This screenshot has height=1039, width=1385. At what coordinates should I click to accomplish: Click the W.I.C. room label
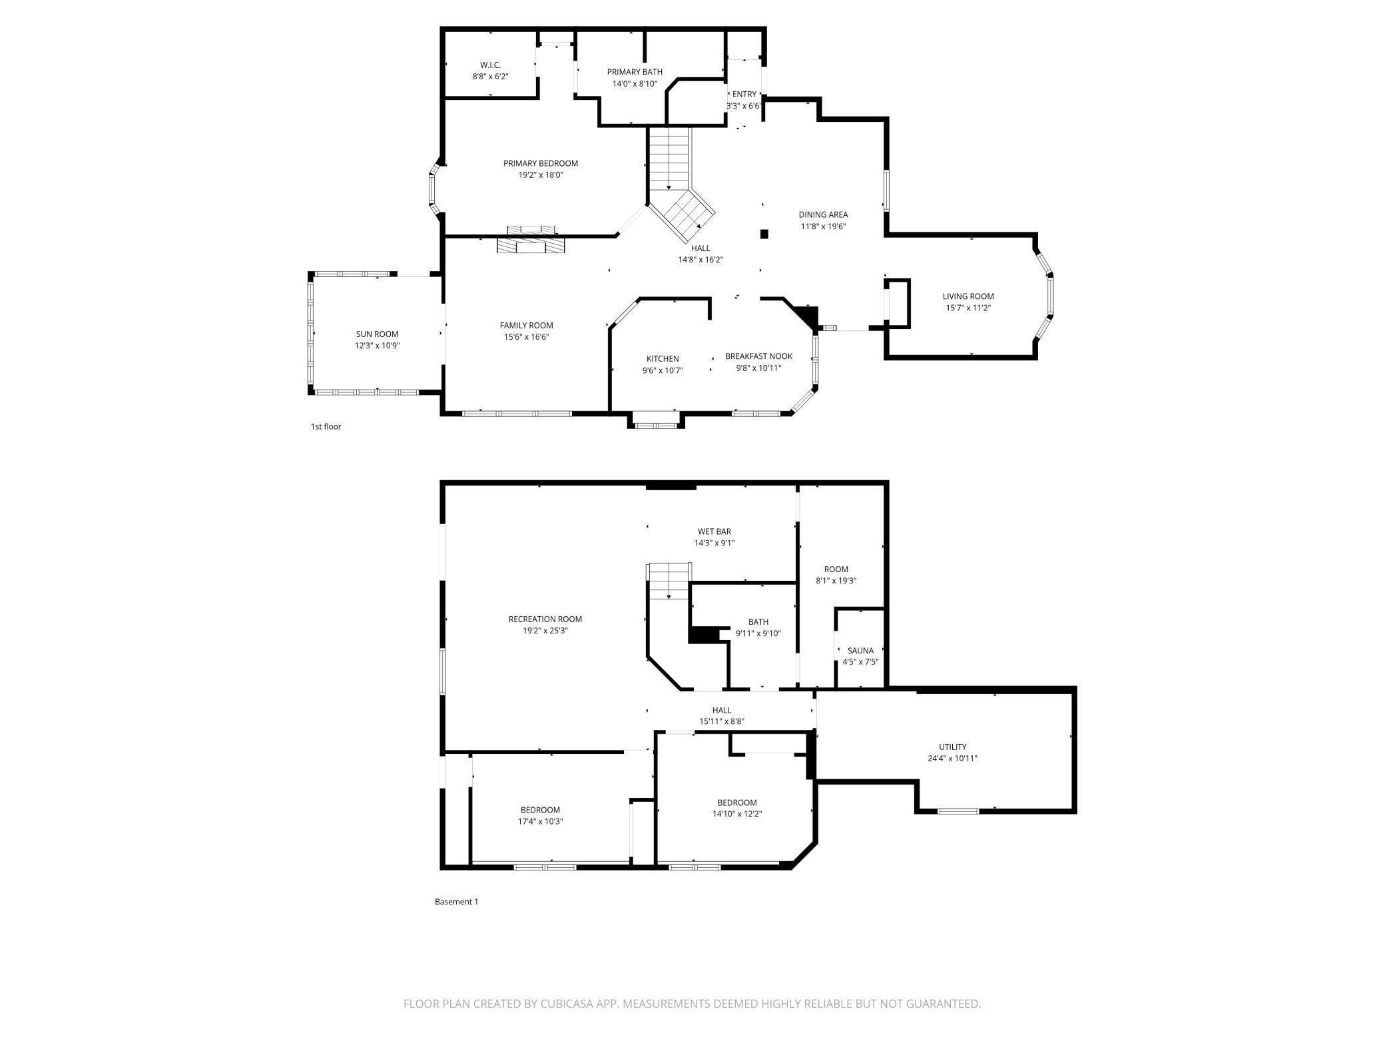pyautogui.click(x=490, y=65)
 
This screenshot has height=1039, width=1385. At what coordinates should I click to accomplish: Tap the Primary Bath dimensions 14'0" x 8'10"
pyautogui.click(x=635, y=84)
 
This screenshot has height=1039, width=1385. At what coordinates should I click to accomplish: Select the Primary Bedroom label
pyautogui.click(x=541, y=163)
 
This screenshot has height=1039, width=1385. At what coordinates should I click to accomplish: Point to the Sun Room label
pyautogui.click(x=377, y=334)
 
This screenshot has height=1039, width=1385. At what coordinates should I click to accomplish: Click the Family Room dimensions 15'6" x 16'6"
pyautogui.click(x=526, y=337)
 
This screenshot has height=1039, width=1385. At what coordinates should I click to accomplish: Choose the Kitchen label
pyautogui.click(x=663, y=359)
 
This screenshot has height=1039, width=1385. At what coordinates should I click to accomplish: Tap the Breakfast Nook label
pyautogui.click(x=758, y=356)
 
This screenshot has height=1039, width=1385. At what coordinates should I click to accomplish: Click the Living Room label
pyautogui.click(x=968, y=296)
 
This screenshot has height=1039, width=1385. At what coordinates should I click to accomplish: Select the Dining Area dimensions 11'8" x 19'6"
pyautogui.click(x=823, y=226)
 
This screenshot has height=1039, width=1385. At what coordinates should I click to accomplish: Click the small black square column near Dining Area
pyautogui.click(x=764, y=234)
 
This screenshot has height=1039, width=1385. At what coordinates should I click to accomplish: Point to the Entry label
pyautogui.click(x=744, y=94)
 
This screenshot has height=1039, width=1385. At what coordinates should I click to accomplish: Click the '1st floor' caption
pyautogui.click(x=326, y=426)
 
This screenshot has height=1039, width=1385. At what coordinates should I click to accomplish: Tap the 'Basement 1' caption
pyautogui.click(x=456, y=902)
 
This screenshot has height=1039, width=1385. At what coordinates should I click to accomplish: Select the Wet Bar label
pyautogui.click(x=714, y=531)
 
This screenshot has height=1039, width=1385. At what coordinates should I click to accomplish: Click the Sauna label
pyautogui.click(x=860, y=651)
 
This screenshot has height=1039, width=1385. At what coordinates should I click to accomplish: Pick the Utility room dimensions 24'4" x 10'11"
pyautogui.click(x=952, y=759)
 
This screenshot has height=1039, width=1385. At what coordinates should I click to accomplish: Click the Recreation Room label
pyautogui.click(x=545, y=619)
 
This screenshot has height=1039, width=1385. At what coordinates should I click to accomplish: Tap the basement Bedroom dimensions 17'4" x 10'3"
pyautogui.click(x=540, y=822)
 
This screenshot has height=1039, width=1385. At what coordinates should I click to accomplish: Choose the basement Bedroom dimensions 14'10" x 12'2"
pyautogui.click(x=737, y=814)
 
